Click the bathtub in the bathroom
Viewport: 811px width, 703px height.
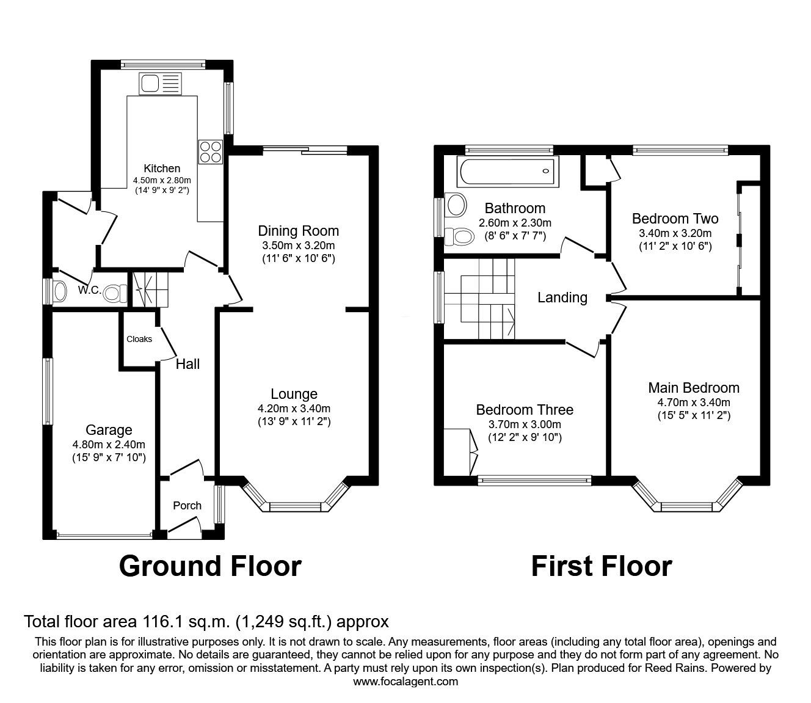pos(508,172)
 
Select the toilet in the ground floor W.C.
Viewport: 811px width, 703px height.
pos(113,293)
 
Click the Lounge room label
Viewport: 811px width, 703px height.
pos(294,394)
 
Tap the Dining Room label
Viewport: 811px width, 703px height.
pos(298,231)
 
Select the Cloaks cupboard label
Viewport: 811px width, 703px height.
pos(139,339)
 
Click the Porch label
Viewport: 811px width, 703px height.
pos(187,505)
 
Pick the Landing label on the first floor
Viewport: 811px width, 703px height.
pos(562,297)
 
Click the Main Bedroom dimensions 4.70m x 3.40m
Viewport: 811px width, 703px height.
pos(694,402)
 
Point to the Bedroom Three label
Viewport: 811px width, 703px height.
pos(525,409)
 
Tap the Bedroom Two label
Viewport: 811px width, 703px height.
pos(675,219)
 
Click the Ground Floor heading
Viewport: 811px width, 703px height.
pos(210,566)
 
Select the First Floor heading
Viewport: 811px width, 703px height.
pos(602,566)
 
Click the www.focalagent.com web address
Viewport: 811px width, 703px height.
pos(406,681)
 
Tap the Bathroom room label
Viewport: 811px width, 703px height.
pos(515,208)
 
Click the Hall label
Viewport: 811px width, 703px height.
pos(187,364)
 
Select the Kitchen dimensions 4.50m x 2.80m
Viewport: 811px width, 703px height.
pos(162,180)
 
